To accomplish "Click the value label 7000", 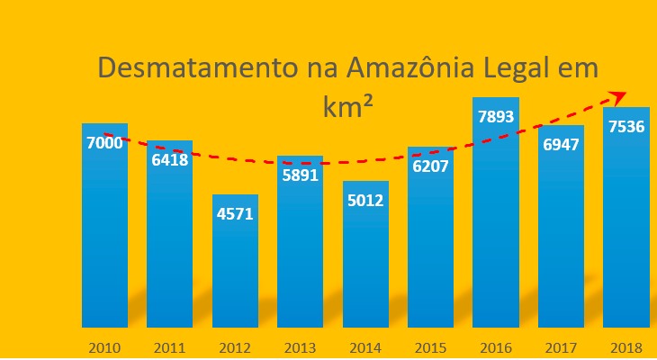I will pyautogui.click(x=104, y=143).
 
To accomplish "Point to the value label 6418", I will pyautogui.click(x=170, y=160).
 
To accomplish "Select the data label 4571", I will pyautogui.click(x=235, y=214).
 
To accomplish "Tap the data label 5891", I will pyautogui.click(x=301, y=175).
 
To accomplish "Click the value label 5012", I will pyautogui.click(x=365, y=200).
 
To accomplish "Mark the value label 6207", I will pyautogui.click(x=431, y=166).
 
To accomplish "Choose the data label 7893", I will pyautogui.click(x=495, y=117).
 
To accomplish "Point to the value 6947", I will pyautogui.click(x=561, y=144).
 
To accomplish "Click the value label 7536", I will pyautogui.click(x=626, y=127).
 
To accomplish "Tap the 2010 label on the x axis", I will pyautogui.click(x=104, y=346).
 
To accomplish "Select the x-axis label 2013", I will pyautogui.click(x=301, y=346).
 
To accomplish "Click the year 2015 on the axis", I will pyautogui.click(x=431, y=346).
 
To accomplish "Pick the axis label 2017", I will pyautogui.click(x=561, y=346).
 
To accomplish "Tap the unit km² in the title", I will pyautogui.click(x=348, y=106).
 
